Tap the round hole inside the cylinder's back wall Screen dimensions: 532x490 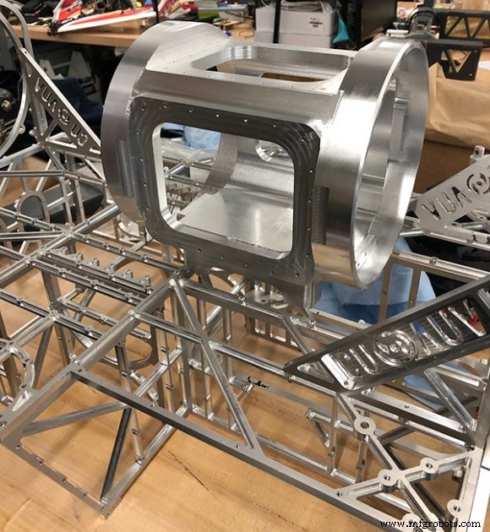(273, 153)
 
